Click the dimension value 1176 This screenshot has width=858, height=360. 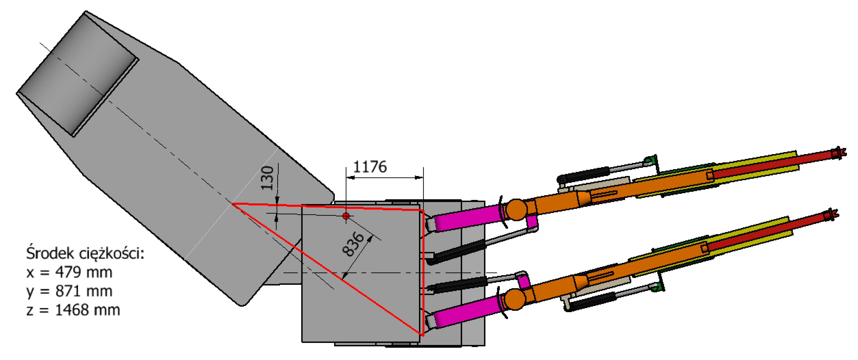[x=370, y=167]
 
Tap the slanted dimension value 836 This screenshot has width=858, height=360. [x=353, y=244]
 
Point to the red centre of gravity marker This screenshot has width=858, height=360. [x=346, y=216]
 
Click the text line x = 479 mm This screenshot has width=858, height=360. [x=69, y=272]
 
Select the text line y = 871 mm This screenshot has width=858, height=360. [x=69, y=291]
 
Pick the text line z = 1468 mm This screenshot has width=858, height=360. [x=73, y=310]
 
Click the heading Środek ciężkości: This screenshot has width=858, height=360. [x=85, y=253]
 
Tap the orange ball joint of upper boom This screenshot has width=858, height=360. [x=516, y=209]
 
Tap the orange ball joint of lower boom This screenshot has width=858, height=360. [x=515, y=299]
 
